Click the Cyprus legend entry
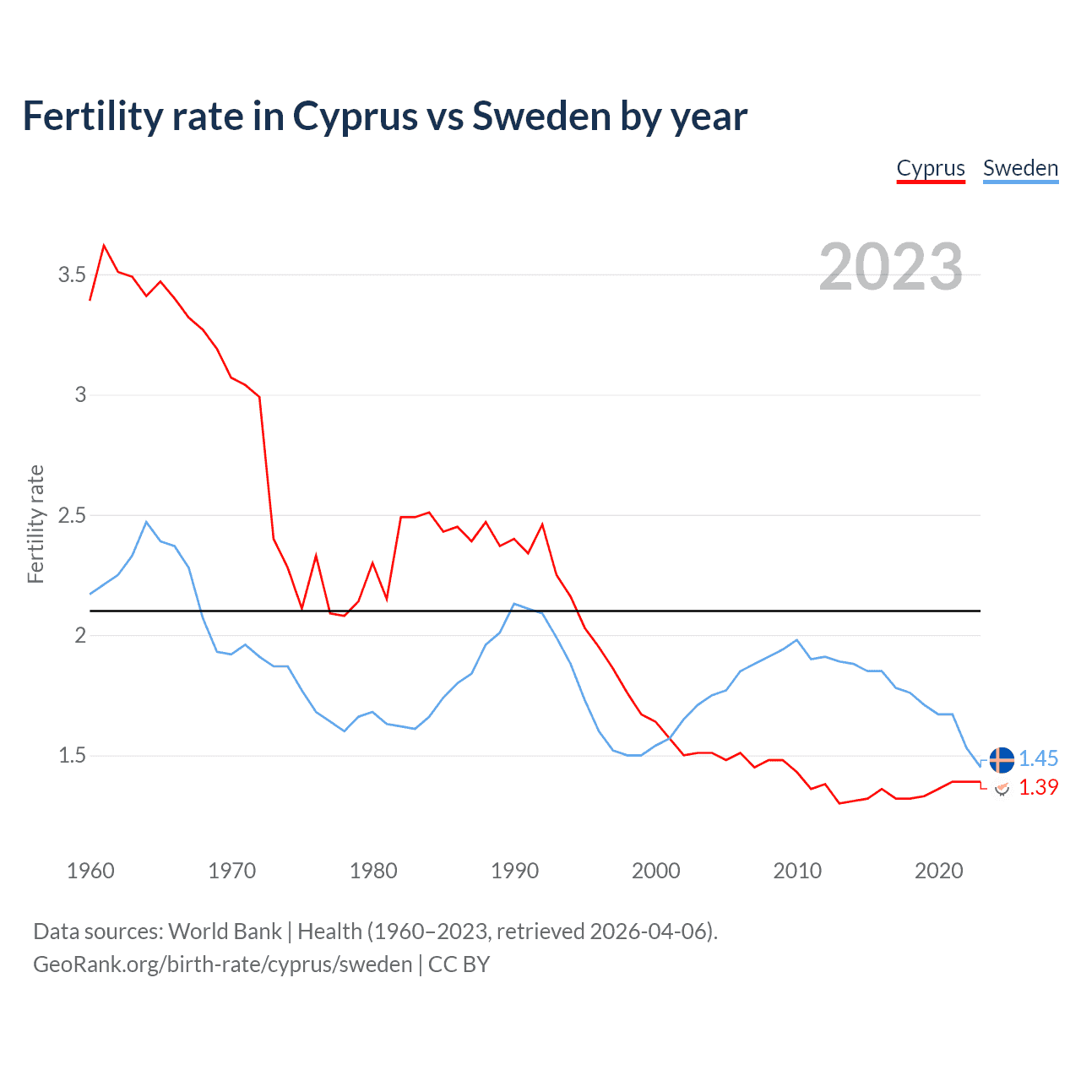[x=930, y=168]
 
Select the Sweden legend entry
[x=1020, y=168]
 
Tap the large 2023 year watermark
[x=891, y=267]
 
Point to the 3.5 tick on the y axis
[x=72, y=274]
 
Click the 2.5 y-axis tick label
[x=72, y=515]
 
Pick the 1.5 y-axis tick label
[x=72, y=756]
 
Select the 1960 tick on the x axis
[x=90, y=871]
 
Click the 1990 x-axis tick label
[x=514, y=871]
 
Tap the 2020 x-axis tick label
[x=938, y=871]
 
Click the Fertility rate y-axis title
[x=35, y=524]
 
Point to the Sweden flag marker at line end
[x=1002, y=759]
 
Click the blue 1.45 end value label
[x=1039, y=759]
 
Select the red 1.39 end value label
[x=1039, y=787]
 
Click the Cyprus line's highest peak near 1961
[x=104, y=246]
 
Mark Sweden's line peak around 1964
[x=146, y=522]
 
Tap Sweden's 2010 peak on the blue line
[x=796, y=640]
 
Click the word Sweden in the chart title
[x=541, y=117]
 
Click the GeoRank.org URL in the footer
[x=222, y=964]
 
